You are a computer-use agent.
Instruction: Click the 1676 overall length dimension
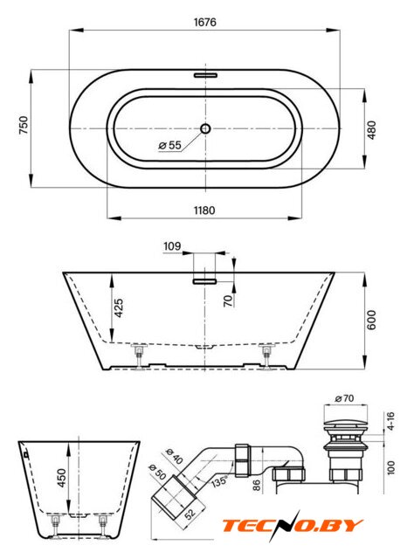tap(205, 22)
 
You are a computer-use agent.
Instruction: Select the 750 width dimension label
tap(24, 125)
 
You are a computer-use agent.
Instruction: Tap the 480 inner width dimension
tap(371, 130)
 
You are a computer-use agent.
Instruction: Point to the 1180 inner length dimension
tap(204, 210)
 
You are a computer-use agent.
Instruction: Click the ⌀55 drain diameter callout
tap(169, 145)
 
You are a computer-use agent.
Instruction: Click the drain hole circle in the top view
tap(205, 128)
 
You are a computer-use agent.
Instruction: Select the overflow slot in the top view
tap(205, 75)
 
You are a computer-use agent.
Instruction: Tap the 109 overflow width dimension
tap(172, 246)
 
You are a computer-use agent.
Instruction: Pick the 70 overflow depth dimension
tap(228, 300)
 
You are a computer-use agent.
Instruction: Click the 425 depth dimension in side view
tap(119, 307)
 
